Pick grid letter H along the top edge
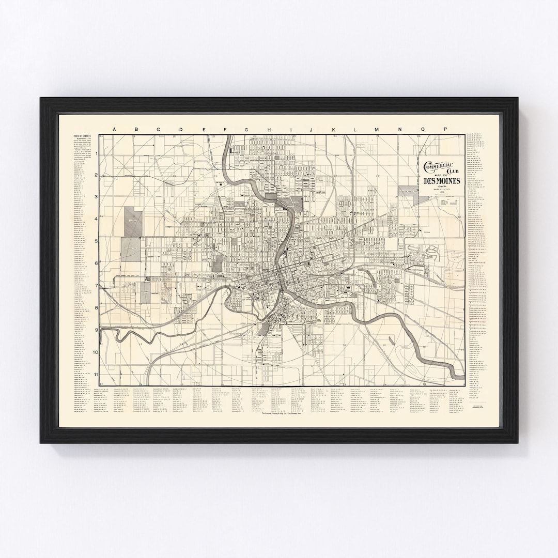(268, 130)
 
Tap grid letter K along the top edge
(334, 130)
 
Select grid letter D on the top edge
(180, 130)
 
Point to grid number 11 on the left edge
(96, 374)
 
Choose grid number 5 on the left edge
(96, 241)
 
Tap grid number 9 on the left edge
(96, 330)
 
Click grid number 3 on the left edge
(96, 197)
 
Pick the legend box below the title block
(447, 202)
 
